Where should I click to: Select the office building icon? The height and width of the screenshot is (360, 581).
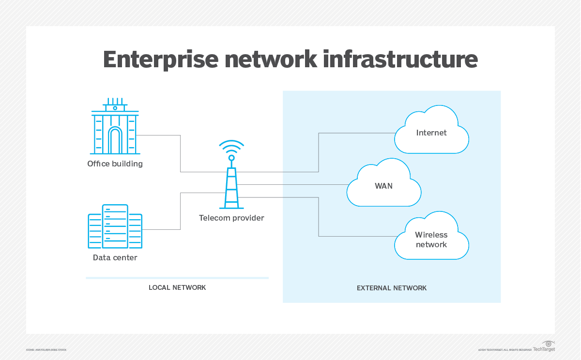pyautogui.click(x=115, y=126)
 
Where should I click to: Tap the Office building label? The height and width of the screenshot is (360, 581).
pyautogui.click(x=115, y=164)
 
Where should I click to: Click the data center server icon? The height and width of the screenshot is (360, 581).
pyautogui.click(x=115, y=226)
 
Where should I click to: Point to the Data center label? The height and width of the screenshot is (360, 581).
pyautogui.click(x=115, y=257)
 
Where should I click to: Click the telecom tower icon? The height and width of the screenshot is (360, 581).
pyautogui.click(x=231, y=186)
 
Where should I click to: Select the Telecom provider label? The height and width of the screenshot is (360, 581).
pyautogui.click(x=231, y=218)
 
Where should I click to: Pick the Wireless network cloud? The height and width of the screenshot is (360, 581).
pyautogui.click(x=431, y=239)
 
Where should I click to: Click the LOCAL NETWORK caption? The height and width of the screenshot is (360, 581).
pyautogui.click(x=177, y=287)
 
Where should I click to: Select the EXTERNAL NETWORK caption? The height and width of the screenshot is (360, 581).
pyautogui.click(x=392, y=288)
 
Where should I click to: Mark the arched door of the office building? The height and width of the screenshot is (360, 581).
pyautogui.click(x=115, y=141)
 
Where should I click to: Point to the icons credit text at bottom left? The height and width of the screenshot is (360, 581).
pyautogui.click(x=46, y=349)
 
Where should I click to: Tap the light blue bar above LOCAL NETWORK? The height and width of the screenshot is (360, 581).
pyautogui.click(x=177, y=278)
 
